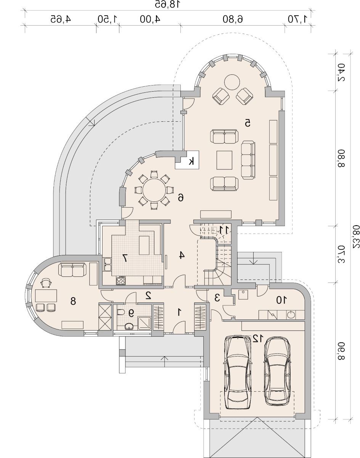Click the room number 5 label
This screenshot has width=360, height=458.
coord(247,123)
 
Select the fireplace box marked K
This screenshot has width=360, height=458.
coord(187,160)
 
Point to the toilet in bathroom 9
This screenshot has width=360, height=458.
coord(121,312)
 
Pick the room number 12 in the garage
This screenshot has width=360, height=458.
coord(258,339)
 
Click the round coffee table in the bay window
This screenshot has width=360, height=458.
coord(232,82)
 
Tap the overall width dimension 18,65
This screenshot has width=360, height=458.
coord(167,4)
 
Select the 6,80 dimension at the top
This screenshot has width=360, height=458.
coord(233,19)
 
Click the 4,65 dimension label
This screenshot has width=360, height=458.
coord(61,19)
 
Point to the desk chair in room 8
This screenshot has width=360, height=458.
coord(46,283)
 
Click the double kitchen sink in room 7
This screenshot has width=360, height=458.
coord(108,264)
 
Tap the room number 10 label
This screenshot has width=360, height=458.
coord(281,300)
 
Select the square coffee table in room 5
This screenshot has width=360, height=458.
coord(224,160)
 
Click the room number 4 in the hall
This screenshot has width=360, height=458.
coord(181,255)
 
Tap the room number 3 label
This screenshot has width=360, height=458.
coord(217,298)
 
